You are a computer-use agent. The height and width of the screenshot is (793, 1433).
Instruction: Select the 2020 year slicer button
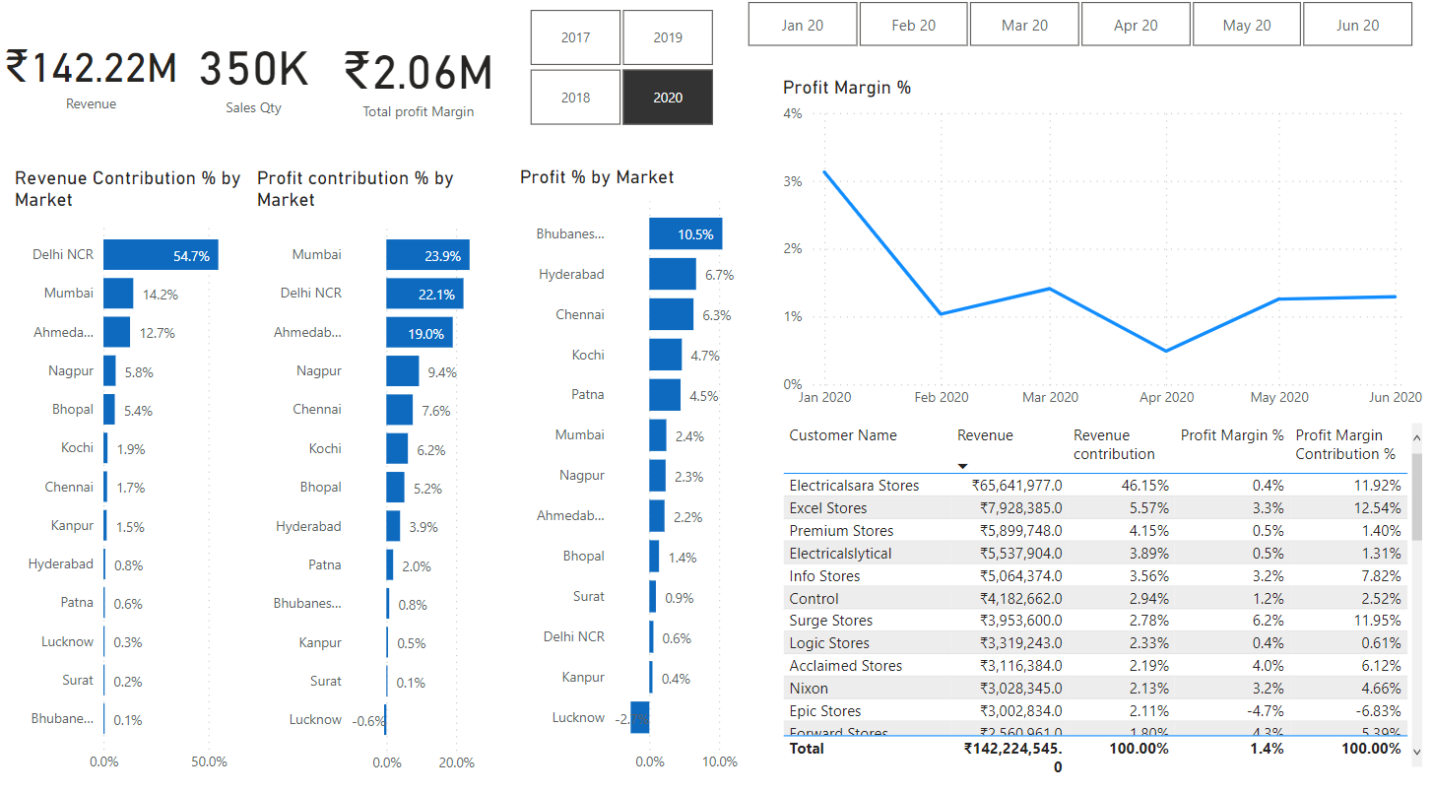point(667,98)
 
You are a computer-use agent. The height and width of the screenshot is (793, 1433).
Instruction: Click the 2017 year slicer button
point(575,37)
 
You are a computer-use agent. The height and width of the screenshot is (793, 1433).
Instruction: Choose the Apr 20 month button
point(1136,25)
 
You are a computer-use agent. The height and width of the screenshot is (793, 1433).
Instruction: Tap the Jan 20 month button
point(803,25)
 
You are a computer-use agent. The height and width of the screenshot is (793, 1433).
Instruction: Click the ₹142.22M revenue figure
point(92,69)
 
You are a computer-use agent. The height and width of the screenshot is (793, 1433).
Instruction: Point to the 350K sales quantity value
point(254,70)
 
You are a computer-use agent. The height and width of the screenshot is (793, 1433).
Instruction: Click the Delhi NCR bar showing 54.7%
point(161,255)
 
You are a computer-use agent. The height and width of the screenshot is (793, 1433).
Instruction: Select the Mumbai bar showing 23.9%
point(427,255)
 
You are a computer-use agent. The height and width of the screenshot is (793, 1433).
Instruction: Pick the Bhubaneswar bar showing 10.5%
point(685,234)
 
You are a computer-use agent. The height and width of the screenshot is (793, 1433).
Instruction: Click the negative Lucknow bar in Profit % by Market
point(640,718)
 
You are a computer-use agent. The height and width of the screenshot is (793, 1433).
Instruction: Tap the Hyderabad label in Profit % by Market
point(571,275)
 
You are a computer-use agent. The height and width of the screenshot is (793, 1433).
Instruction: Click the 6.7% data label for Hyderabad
point(719,275)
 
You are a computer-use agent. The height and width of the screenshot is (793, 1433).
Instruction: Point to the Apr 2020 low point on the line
point(1166,351)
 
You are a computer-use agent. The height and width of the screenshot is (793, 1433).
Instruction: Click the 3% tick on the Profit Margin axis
point(793,181)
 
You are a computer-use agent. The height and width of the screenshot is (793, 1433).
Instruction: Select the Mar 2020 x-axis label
point(1050,397)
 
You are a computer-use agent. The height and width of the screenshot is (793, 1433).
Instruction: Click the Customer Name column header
point(843,435)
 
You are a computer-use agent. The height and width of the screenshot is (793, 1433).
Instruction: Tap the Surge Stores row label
point(830,621)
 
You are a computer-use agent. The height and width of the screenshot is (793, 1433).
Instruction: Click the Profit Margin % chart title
point(847,88)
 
